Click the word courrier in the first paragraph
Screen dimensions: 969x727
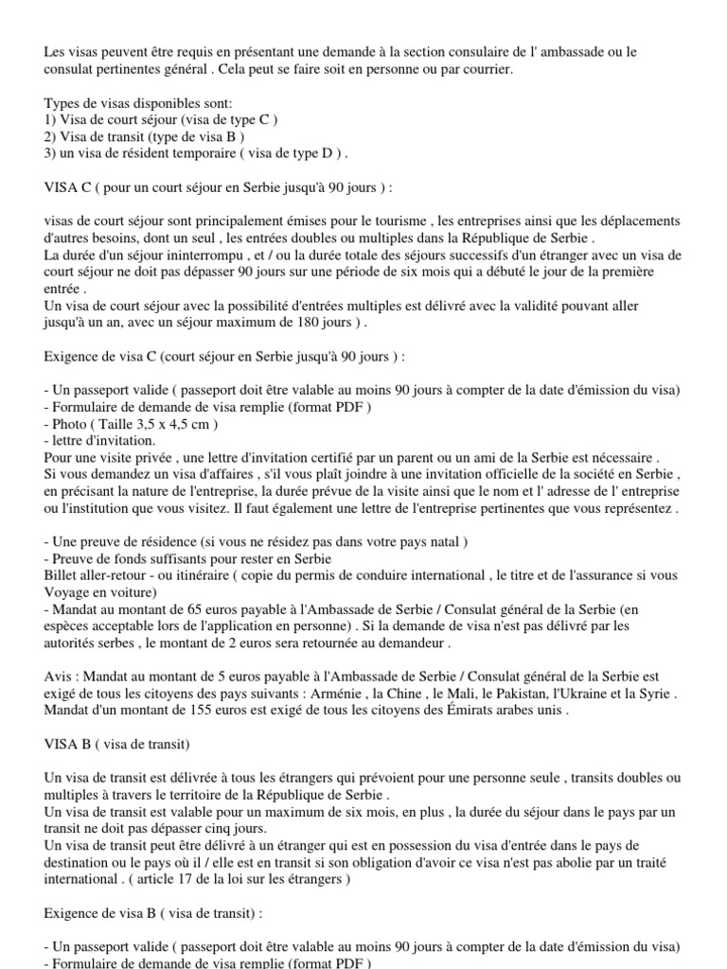click(487, 70)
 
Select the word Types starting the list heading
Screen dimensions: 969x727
click(62, 103)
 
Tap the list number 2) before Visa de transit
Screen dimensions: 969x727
click(50, 136)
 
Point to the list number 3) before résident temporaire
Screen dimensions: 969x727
click(50, 152)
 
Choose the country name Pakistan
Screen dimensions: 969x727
click(492, 694)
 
